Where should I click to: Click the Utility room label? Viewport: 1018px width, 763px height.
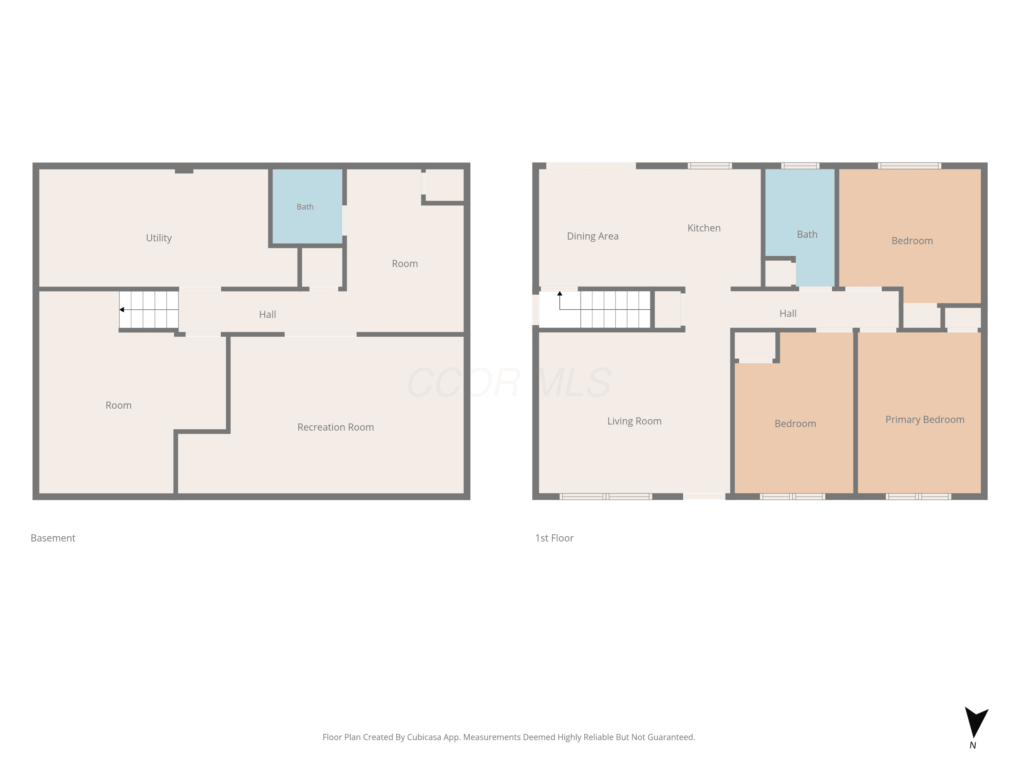(x=159, y=238)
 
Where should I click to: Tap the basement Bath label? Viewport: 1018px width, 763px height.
(x=305, y=207)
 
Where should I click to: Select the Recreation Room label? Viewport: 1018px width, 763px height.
(x=336, y=427)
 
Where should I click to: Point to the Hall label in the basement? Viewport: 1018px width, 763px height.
(x=267, y=315)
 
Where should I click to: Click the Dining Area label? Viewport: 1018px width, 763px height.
(x=593, y=236)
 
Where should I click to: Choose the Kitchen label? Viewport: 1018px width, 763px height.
(x=704, y=228)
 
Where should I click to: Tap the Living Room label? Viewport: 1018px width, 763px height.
(x=634, y=421)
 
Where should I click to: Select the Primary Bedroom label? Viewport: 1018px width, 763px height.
(x=925, y=420)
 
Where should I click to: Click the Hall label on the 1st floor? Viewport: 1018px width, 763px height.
(x=788, y=314)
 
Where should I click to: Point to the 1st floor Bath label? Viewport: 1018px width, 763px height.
(x=807, y=235)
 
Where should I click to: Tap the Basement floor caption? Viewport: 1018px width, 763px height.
(x=53, y=538)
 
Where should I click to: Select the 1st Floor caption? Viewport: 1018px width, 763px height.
(x=554, y=538)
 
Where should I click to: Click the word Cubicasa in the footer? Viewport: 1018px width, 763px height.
(x=424, y=737)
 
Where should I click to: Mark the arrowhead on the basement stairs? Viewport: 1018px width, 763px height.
(x=121, y=310)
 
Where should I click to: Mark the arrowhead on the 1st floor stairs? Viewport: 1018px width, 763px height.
(x=560, y=293)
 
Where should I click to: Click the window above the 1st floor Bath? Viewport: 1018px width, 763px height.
(x=800, y=165)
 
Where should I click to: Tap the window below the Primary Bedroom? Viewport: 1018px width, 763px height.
(x=918, y=496)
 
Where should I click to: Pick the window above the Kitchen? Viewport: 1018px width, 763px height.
(x=710, y=165)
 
